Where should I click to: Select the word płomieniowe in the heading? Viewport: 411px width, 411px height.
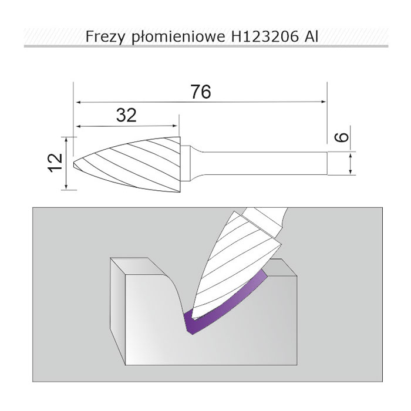point(178,37)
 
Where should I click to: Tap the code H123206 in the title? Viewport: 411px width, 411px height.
point(265,36)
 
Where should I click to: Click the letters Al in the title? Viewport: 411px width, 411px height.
point(311,36)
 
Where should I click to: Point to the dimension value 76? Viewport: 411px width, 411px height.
point(201,92)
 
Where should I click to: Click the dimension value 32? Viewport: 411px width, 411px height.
point(126,115)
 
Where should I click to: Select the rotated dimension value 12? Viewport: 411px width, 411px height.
point(55,163)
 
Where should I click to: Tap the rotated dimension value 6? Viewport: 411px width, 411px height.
point(342,137)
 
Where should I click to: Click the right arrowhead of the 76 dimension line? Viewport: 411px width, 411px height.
point(324,102)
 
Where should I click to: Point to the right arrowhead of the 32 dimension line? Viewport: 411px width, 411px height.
point(175,126)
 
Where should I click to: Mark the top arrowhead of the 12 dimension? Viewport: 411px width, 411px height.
point(66,140)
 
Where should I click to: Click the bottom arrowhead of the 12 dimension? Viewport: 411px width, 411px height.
point(66,186)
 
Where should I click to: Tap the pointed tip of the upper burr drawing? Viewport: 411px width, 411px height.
point(73,164)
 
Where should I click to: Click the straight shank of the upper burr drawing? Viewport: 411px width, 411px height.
point(265,163)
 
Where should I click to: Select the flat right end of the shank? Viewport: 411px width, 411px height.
point(327,163)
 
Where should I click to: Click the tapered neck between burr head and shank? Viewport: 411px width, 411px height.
point(196,163)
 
